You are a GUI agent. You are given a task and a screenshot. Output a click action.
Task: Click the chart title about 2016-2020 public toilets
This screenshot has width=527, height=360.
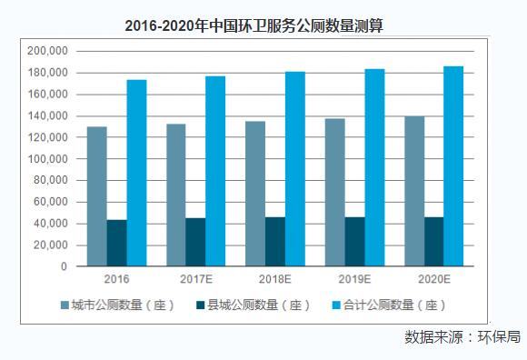(x=254, y=25)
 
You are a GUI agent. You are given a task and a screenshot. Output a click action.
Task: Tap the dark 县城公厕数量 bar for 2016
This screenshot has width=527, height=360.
(x=116, y=243)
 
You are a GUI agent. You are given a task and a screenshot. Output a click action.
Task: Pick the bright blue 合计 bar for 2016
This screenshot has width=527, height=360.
(x=136, y=173)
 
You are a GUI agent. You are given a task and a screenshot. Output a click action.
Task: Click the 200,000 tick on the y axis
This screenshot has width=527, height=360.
(x=48, y=51)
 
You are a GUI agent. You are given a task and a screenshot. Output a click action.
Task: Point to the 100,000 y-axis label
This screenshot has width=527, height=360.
(x=48, y=159)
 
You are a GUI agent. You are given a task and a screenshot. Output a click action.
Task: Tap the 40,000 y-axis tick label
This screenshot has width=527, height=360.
(x=51, y=224)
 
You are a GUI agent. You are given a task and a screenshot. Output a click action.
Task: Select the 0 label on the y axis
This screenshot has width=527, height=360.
(x=64, y=267)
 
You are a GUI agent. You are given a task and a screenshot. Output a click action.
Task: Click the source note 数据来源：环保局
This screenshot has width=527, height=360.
(x=462, y=337)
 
